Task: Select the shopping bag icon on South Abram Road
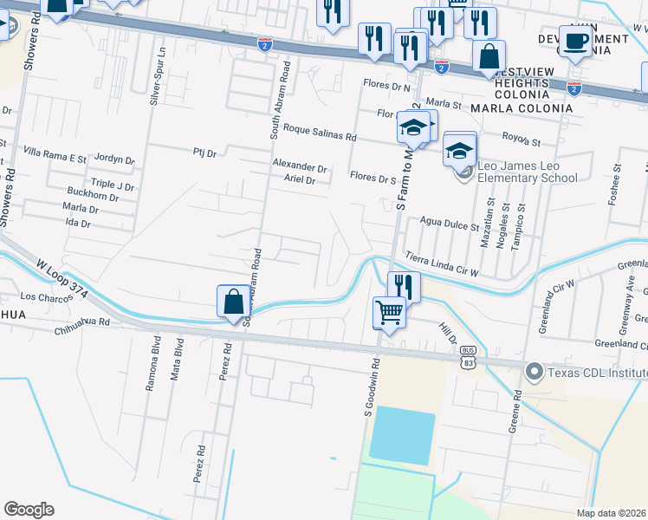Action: tap(233, 302)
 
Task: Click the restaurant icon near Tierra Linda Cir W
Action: tap(404, 285)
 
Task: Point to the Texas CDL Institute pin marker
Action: tap(532, 373)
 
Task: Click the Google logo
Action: tap(29, 510)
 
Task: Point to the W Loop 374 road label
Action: tap(62, 277)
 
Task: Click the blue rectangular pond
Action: tap(402, 436)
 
